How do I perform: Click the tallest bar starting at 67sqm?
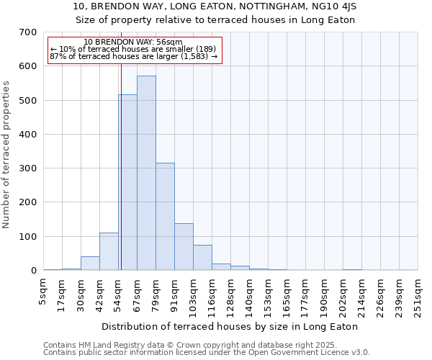146,173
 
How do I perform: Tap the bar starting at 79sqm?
165,216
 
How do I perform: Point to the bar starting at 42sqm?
109,251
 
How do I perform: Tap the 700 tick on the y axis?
28,32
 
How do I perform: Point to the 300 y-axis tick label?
28,168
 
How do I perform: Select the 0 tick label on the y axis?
33,271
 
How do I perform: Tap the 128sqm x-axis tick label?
231,296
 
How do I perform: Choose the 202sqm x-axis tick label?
343,296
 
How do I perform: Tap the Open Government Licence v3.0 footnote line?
207,353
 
